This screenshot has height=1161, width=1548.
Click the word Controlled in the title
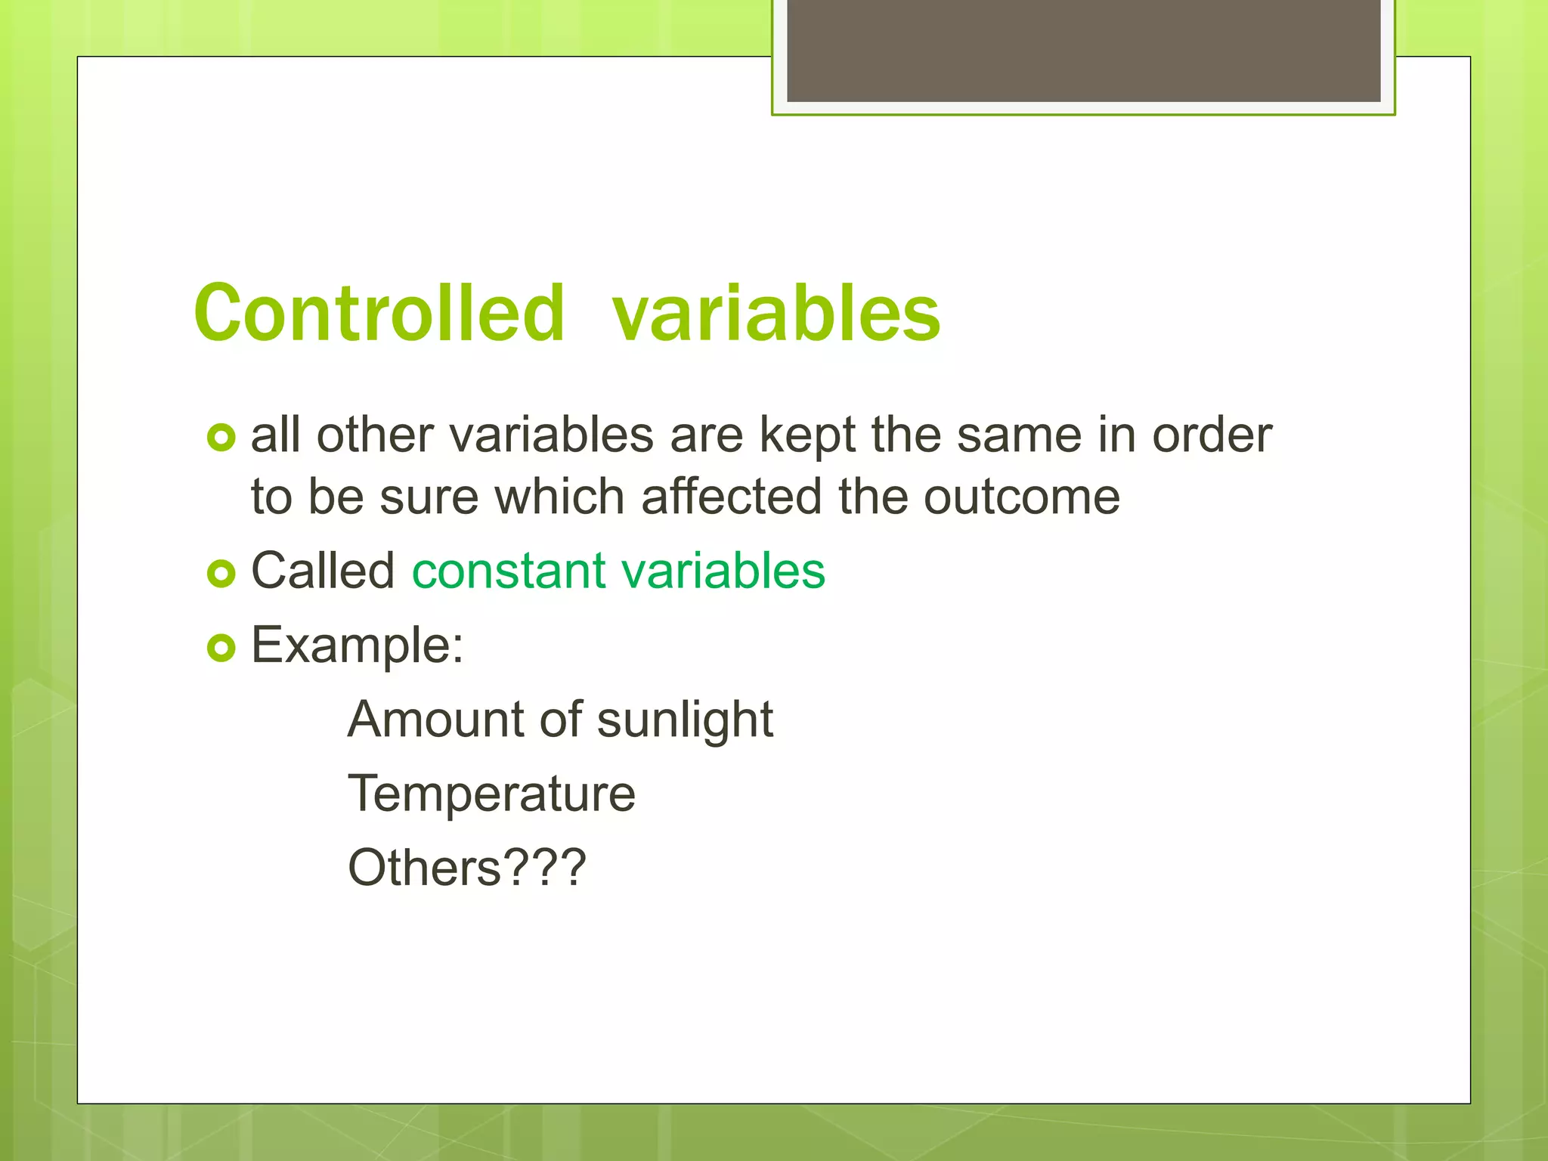379,313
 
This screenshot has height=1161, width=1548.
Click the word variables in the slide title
776,313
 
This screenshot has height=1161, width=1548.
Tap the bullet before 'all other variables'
221,438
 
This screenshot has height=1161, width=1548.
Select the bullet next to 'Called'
221,574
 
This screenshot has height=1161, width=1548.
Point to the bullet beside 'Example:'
221,648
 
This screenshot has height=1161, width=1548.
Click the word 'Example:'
357,646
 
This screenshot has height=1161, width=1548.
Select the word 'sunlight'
685,720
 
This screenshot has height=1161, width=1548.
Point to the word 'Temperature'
491,794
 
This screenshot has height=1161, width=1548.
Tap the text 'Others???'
466,868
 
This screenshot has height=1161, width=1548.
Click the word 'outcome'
1021,498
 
